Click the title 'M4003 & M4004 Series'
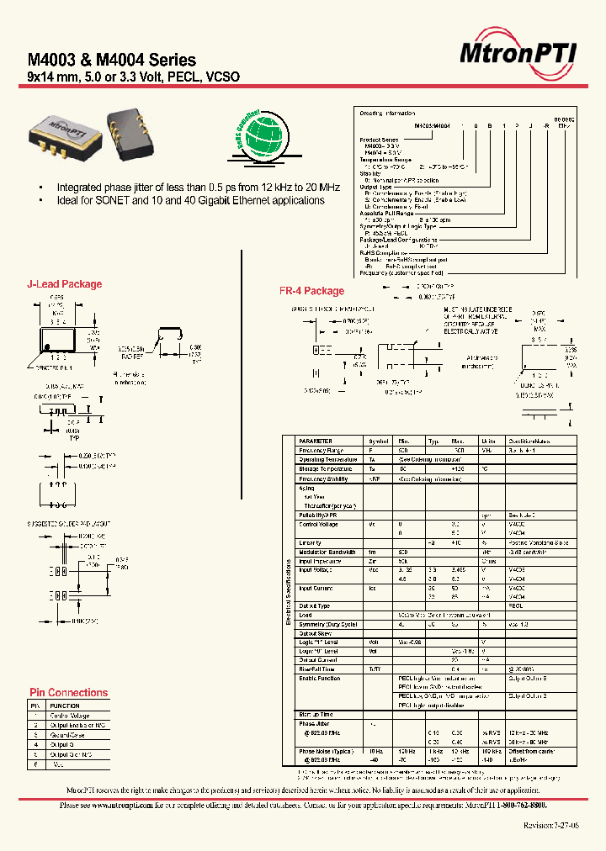pos(112,60)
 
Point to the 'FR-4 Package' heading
pos(311,291)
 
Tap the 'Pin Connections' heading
pos(68,693)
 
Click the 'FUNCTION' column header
pos(65,706)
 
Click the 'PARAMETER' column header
pos(316,441)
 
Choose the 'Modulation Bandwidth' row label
pos(329,551)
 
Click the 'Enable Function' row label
pos(320,678)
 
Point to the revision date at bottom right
pos(550,827)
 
